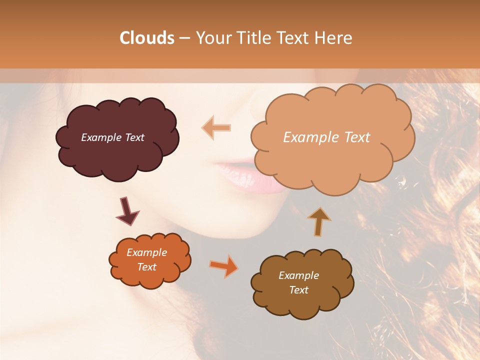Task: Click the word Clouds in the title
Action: (x=147, y=38)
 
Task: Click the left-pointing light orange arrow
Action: (x=216, y=127)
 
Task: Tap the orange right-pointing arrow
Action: (x=224, y=266)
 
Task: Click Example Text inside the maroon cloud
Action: (x=112, y=137)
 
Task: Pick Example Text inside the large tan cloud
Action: (x=326, y=137)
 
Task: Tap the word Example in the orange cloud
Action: (x=146, y=252)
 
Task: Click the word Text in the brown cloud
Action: (x=298, y=290)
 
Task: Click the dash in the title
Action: (x=184, y=38)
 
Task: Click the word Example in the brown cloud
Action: (x=298, y=275)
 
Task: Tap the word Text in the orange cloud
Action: (x=146, y=267)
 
